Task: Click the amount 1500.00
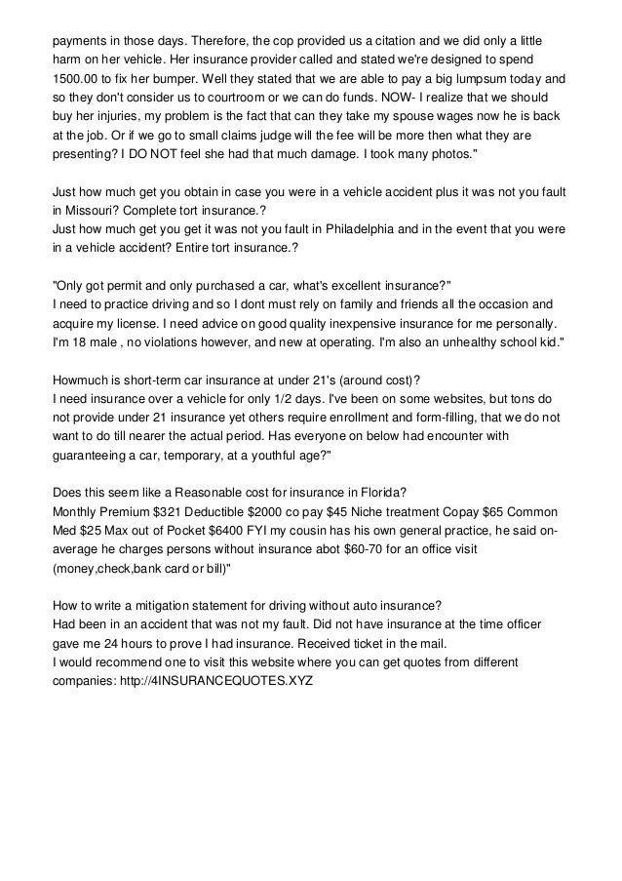pyautogui.click(x=78, y=80)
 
